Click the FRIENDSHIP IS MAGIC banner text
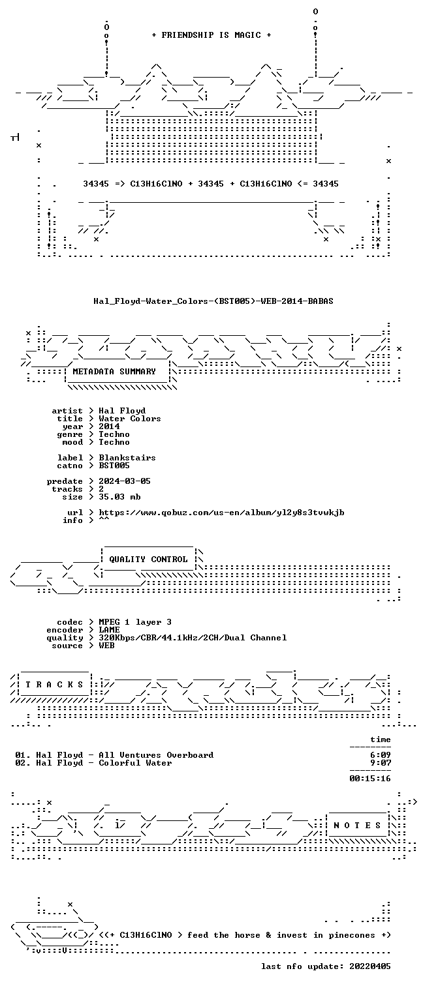211,35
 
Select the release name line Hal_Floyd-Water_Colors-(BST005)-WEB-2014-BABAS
213,301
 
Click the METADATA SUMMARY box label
114,372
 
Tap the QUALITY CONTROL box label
148,560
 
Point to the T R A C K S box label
54,685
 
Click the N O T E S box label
357,826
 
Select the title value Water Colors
129,419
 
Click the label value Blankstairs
127,458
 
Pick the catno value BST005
114,466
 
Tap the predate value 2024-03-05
124,481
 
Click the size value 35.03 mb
119,497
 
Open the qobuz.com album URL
221,513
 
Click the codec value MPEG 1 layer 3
135,622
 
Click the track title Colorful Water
135,763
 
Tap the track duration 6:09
381,755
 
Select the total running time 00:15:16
370,779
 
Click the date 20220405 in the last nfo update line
370,966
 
